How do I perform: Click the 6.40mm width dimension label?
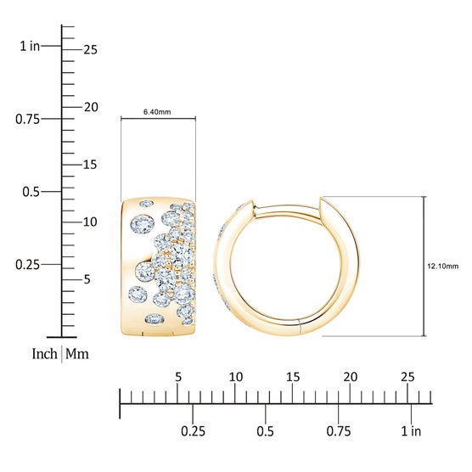click(157, 112)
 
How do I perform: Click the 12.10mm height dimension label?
click(443, 266)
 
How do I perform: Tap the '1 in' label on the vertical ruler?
click(30, 46)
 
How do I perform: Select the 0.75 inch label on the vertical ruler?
click(27, 119)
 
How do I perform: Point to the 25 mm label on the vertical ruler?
click(91, 50)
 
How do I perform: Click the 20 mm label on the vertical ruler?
click(91, 107)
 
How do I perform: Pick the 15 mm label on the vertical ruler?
click(90, 165)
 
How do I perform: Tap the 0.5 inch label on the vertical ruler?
click(31, 192)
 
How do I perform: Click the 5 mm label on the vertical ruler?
click(87, 279)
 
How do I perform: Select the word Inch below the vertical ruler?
click(44, 354)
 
